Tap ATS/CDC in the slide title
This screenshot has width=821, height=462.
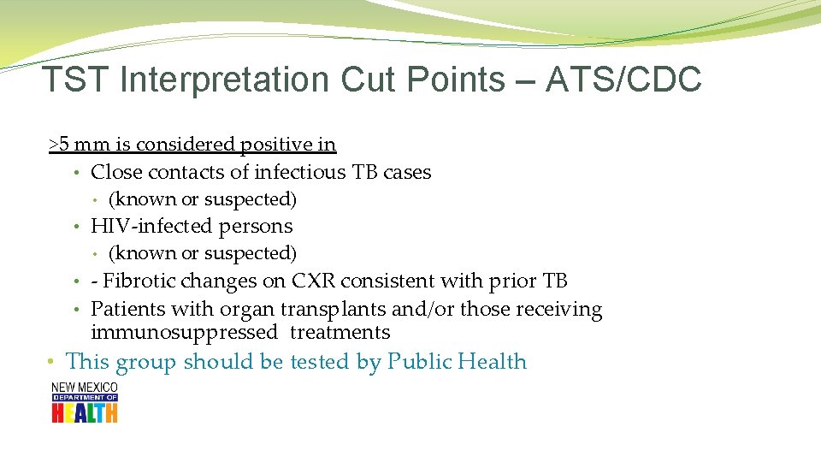(x=623, y=80)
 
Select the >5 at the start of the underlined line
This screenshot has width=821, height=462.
(x=60, y=145)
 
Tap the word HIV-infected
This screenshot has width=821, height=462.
(x=152, y=226)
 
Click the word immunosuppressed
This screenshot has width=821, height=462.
(x=184, y=332)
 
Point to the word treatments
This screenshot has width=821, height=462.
(x=340, y=332)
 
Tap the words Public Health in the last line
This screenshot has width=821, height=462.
(x=457, y=362)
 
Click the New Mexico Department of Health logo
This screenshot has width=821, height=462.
(x=85, y=402)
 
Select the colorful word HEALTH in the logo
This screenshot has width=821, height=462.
(x=85, y=412)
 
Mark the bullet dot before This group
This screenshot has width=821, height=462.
(x=53, y=363)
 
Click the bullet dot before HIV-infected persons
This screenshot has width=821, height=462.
(x=77, y=227)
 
